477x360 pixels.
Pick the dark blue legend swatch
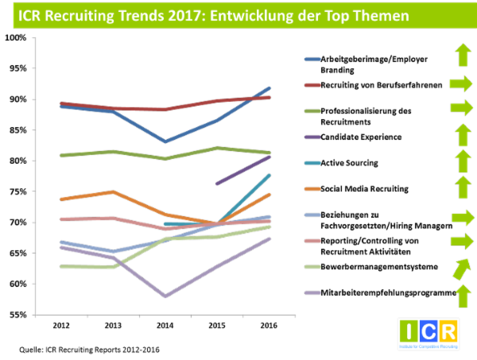click(x=312, y=59)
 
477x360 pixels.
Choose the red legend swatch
click(x=312, y=84)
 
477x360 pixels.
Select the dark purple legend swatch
click(x=312, y=137)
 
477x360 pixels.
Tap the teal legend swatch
click(x=312, y=163)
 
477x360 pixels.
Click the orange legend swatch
click(x=312, y=188)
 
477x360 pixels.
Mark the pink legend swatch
click(x=312, y=241)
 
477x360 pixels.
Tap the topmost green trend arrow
click(x=462, y=55)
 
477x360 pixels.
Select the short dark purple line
click(x=243, y=170)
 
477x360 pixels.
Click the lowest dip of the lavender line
click(x=165, y=296)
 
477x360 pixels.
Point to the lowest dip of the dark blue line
click(x=165, y=141)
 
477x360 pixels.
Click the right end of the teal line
click(x=270, y=175)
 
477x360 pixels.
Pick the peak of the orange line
click(x=113, y=192)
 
